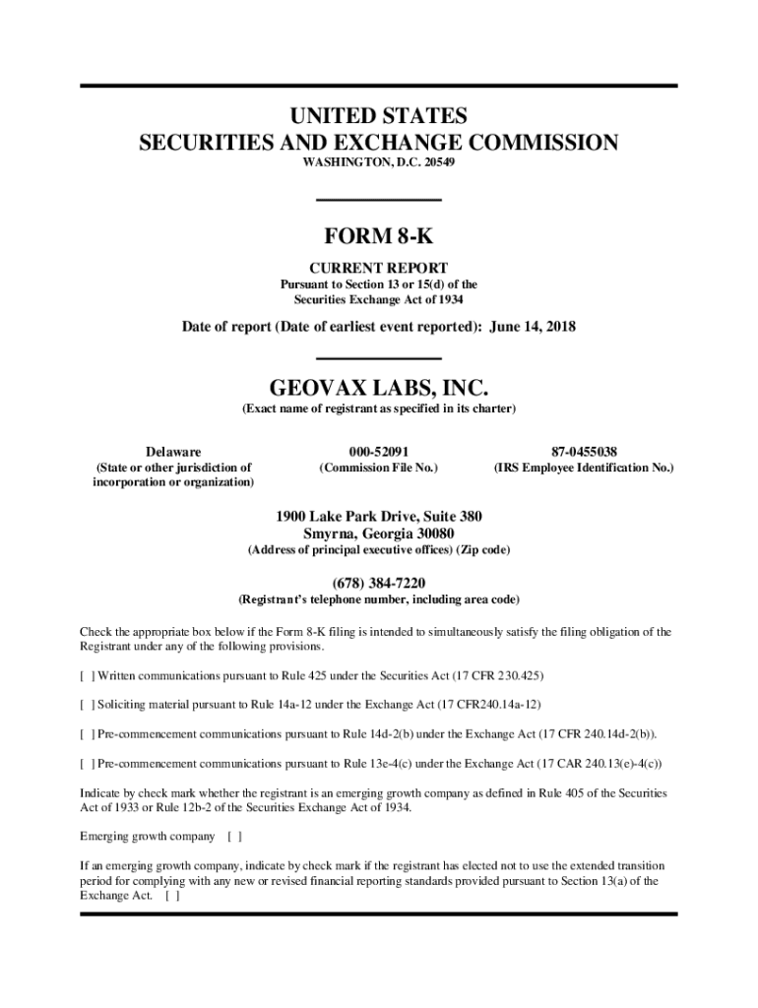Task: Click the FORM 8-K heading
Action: (378, 237)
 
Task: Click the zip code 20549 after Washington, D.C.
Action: (438, 162)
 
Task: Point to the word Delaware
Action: (173, 451)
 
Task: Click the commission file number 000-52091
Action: (379, 451)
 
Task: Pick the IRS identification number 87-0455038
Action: (584, 451)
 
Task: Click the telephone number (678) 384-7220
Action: (379, 583)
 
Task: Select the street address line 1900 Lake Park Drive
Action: (379, 516)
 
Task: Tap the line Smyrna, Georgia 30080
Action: (379, 534)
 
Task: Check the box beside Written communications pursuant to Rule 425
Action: (88, 676)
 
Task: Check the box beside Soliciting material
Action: (88, 705)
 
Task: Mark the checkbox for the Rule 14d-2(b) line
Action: (88, 734)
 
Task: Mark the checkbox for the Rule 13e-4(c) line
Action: (88, 763)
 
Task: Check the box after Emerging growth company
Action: (234, 837)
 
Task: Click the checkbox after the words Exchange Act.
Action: (172, 897)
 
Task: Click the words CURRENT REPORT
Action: (379, 268)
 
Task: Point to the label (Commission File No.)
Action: (379, 468)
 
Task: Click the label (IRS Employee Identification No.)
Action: (584, 468)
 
